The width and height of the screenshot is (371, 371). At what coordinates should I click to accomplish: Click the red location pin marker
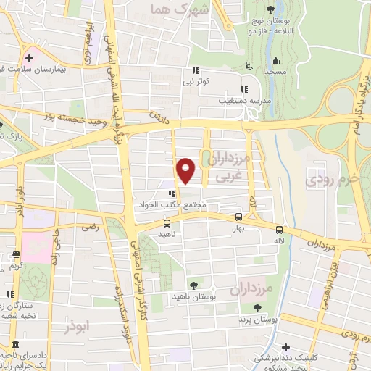(x=187, y=170)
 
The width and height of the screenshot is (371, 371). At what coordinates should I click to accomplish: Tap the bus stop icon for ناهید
(x=167, y=223)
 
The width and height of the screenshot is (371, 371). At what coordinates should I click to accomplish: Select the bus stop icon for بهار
(x=239, y=217)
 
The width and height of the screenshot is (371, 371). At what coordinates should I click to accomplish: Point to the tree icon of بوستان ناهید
(x=193, y=285)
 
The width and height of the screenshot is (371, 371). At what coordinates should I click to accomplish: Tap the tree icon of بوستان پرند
(x=246, y=307)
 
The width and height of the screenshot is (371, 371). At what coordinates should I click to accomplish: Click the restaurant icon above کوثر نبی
(x=195, y=70)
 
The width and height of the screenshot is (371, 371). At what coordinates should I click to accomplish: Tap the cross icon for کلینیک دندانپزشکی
(x=286, y=347)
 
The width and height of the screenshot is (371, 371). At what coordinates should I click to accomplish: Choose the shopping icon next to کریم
(x=15, y=254)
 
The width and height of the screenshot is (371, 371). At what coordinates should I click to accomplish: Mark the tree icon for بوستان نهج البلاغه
(x=270, y=9)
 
